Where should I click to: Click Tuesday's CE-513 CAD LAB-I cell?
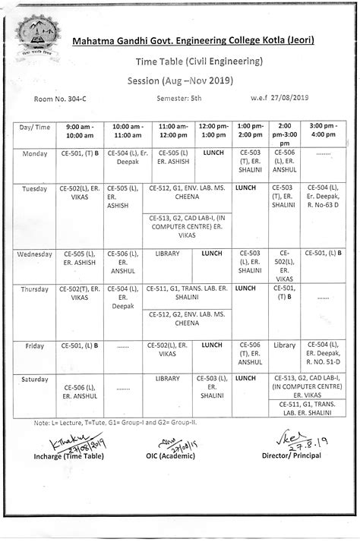[x=188, y=228]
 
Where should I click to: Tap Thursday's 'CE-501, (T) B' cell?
[x=284, y=293]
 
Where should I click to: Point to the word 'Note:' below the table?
[x=42, y=422]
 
